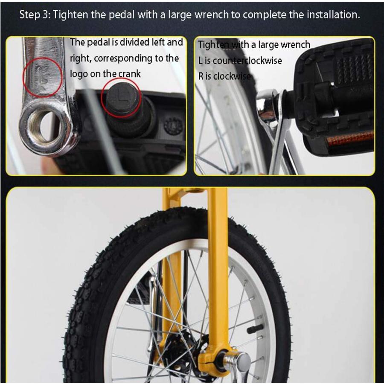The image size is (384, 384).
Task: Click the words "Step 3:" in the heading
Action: (35, 15)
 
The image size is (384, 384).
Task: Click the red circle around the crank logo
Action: (43, 77)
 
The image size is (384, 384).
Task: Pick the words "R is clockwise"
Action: (224, 76)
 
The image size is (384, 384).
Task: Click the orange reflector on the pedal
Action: (350, 138)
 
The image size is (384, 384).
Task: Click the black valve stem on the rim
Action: (255, 329)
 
